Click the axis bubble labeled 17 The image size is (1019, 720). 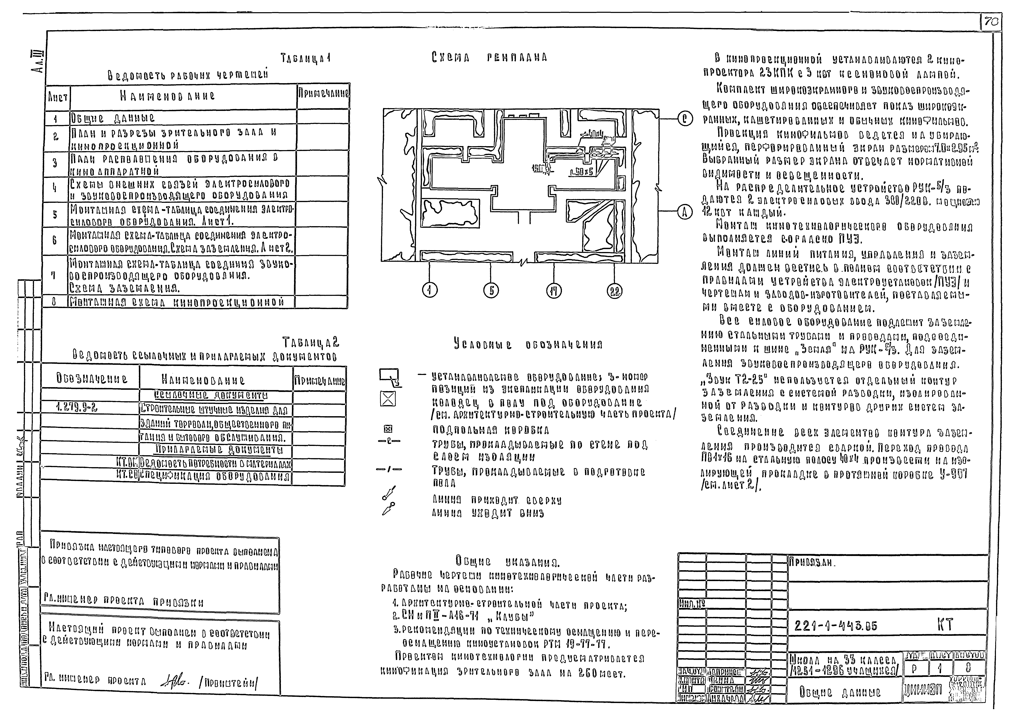coord(554,291)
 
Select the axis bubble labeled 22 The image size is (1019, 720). coord(615,291)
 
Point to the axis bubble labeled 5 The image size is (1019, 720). coord(491,291)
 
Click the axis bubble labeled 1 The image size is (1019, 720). coord(430,291)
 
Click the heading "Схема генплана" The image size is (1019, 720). coord(489,58)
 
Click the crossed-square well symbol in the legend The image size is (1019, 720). coord(388,400)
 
